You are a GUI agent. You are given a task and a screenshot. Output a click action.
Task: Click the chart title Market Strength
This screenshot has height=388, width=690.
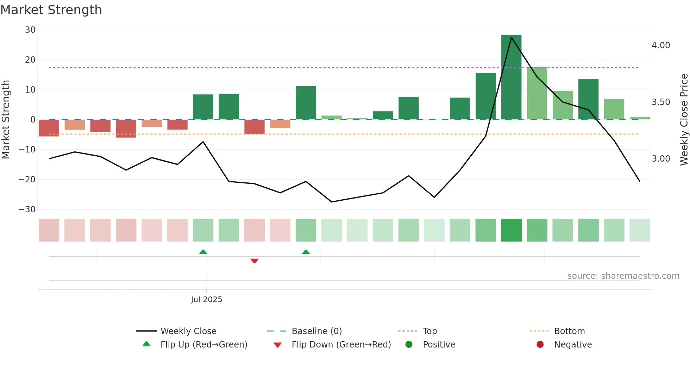(x=51, y=10)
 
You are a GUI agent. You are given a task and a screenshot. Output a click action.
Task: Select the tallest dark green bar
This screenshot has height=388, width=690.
(x=511, y=77)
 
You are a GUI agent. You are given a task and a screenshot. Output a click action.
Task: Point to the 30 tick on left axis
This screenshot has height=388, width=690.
(x=30, y=30)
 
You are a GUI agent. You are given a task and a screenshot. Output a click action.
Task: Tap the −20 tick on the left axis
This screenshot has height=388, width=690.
(x=27, y=180)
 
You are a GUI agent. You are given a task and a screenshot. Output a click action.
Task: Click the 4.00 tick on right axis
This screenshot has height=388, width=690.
(x=661, y=45)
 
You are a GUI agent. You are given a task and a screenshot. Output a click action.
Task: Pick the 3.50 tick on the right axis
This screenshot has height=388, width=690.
(x=661, y=102)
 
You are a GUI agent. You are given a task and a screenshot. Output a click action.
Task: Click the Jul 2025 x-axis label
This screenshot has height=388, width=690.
(x=206, y=300)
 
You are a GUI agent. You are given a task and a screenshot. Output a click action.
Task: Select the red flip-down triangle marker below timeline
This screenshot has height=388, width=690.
(x=255, y=261)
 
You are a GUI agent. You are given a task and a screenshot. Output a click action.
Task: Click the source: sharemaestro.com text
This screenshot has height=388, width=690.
(x=623, y=276)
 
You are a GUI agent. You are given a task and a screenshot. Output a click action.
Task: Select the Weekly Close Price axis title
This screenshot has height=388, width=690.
(x=684, y=120)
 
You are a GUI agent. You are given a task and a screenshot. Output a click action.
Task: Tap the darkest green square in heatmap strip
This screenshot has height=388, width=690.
(x=511, y=230)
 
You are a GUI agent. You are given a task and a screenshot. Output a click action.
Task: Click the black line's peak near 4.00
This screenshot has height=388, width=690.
(x=511, y=37)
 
